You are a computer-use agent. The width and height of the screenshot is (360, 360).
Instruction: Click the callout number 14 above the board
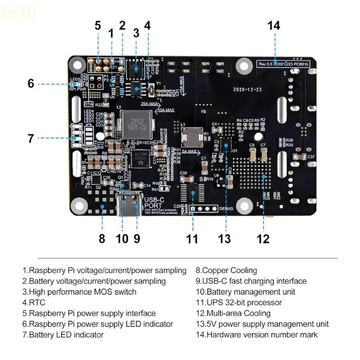point(274,26)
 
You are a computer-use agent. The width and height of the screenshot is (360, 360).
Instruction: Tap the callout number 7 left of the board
point(31,138)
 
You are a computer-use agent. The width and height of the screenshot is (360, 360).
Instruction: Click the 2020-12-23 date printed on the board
point(247,90)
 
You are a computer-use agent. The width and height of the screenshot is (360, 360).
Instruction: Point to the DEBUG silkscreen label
point(226,209)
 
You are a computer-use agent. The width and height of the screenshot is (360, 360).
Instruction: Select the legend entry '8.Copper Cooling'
point(226,270)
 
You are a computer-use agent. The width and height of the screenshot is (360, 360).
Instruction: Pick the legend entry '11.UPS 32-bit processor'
point(238,302)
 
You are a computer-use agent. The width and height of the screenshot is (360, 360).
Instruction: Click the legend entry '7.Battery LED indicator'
point(63,335)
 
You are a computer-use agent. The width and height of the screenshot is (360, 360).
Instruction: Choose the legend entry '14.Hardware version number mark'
point(256,335)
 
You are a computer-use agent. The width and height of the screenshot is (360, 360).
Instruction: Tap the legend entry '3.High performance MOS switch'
point(80,292)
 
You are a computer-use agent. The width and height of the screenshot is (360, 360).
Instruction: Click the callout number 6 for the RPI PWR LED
point(31,83)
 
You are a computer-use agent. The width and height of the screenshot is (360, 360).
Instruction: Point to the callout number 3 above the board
point(136,33)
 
